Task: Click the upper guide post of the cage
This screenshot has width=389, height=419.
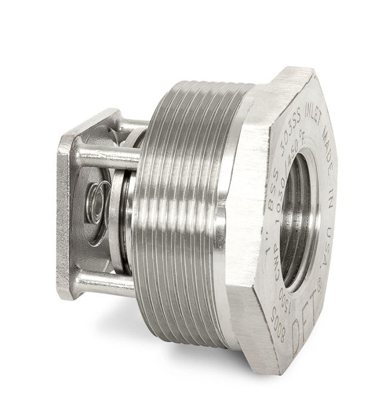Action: click(x=108, y=157)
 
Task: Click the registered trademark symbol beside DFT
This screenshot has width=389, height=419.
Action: click(x=318, y=287)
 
